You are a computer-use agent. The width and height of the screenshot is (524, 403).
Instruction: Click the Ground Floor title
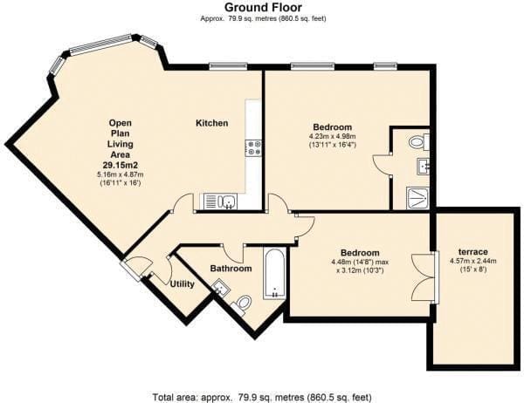click(263, 7)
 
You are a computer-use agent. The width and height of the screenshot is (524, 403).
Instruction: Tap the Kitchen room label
click(212, 123)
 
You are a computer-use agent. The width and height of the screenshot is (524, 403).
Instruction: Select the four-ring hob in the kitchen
click(253, 148)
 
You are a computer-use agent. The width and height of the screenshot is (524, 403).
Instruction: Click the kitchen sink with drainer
click(218, 201)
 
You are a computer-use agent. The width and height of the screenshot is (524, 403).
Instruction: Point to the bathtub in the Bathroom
click(274, 273)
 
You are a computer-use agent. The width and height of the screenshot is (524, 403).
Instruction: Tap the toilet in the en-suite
click(418, 142)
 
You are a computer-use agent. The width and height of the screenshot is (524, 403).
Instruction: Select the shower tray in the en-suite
click(417, 198)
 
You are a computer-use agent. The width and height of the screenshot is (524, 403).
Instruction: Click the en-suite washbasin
click(423, 167)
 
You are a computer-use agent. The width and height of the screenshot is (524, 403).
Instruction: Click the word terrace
click(472, 252)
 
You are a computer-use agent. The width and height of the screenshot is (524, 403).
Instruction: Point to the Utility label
click(183, 284)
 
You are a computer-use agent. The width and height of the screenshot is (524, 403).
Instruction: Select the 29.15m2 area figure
click(121, 165)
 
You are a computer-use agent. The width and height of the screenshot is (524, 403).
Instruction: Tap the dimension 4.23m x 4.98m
click(332, 136)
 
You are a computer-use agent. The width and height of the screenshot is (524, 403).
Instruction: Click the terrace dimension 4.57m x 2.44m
click(472, 261)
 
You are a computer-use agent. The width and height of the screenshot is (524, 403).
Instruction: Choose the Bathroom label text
click(231, 269)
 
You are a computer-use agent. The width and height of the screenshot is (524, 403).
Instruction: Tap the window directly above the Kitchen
click(229, 66)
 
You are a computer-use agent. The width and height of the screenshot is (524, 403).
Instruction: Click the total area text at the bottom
click(262, 398)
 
